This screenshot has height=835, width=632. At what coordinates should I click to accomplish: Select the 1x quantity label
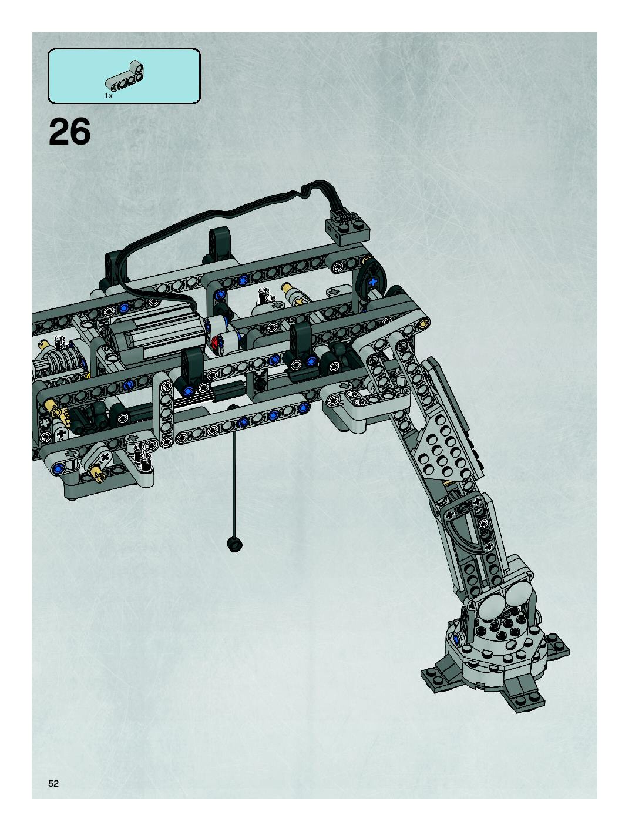click(109, 96)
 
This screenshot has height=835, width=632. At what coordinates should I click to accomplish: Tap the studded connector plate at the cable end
click(347, 227)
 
